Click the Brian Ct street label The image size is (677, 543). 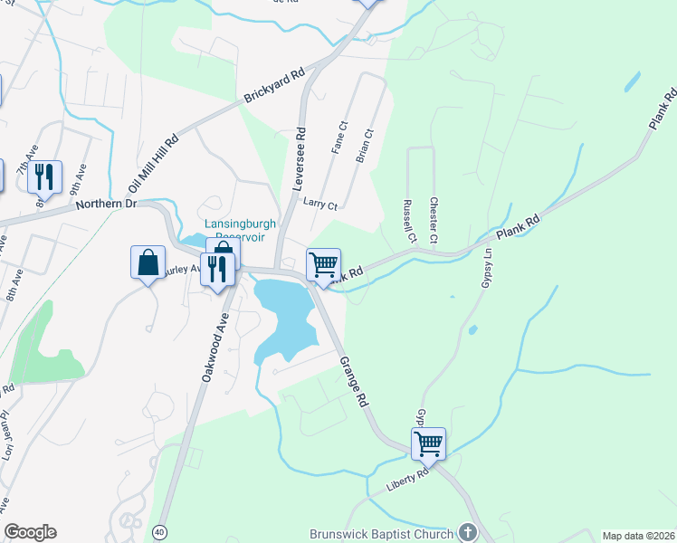[364, 146]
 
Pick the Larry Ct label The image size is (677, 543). [320, 205]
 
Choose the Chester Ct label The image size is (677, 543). [434, 220]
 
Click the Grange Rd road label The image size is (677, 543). [354, 381]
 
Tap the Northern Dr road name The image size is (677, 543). [106, 205]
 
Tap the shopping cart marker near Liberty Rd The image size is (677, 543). [428, 444]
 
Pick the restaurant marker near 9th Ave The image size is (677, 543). [44, 176]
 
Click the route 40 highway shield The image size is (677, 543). [160, 530]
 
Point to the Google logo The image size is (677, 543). [30, 532]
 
